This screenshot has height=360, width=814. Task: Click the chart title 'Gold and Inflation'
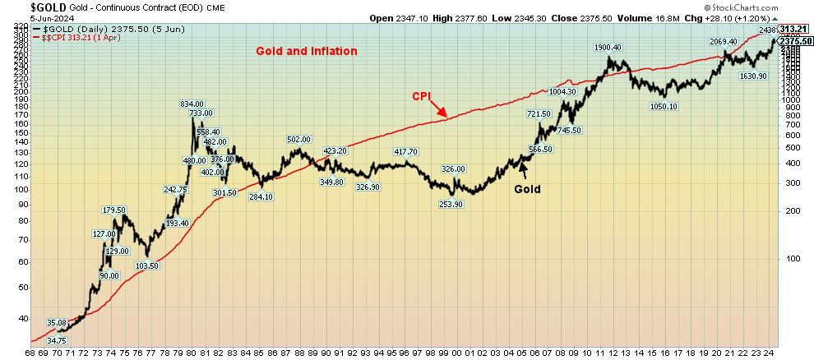point(306,51)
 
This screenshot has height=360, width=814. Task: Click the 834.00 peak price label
point(192,104)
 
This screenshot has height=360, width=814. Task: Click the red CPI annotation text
point(422,96)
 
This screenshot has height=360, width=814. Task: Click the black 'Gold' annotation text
point(528,189)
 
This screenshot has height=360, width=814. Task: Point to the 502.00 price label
point(298,140)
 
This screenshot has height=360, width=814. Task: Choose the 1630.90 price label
point(753,76)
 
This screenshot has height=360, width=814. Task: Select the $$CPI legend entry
point(62,38)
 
